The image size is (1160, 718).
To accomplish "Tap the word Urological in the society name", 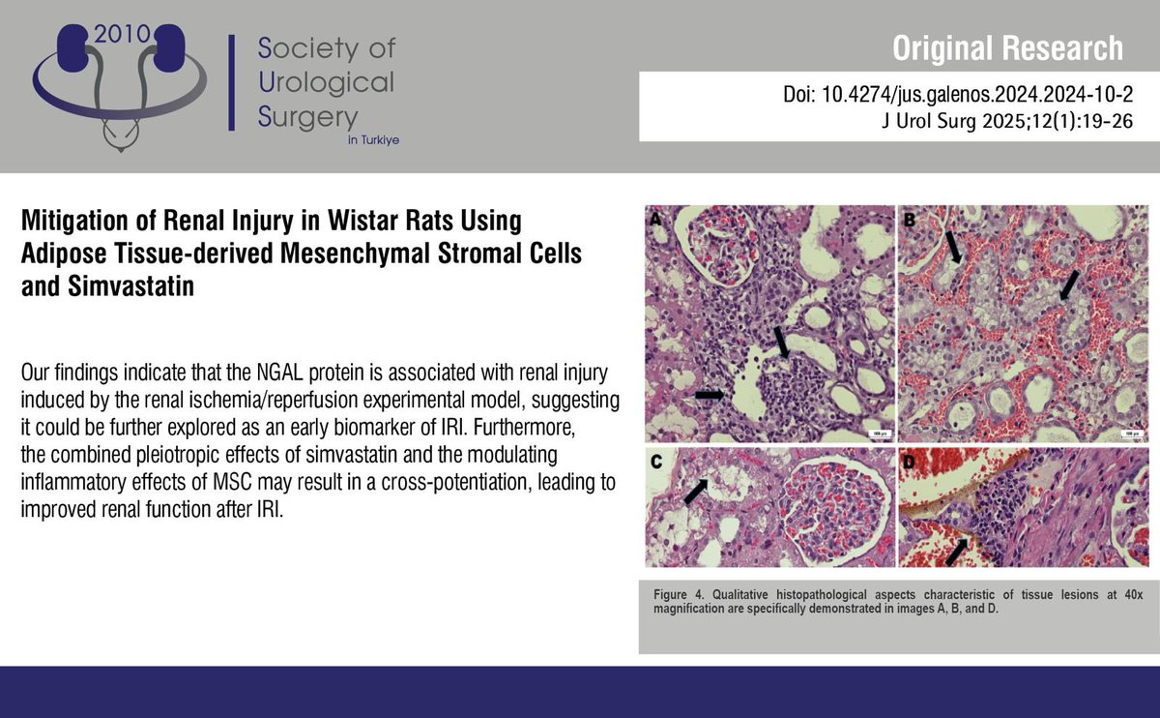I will point(327,81).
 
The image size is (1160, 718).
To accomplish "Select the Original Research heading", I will point(1007,47).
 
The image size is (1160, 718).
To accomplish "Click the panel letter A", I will point(654,220).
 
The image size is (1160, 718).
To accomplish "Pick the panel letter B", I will point(909,220).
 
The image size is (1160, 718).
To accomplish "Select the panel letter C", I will point(655,462).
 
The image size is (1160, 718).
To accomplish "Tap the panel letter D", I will point(909,462).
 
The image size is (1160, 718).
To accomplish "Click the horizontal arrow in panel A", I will point(709,395).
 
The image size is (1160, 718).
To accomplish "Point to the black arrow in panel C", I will point(695,491).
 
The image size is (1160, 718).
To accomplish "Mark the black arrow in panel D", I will point(956,552).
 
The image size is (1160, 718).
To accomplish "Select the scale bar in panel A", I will point(876,434).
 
